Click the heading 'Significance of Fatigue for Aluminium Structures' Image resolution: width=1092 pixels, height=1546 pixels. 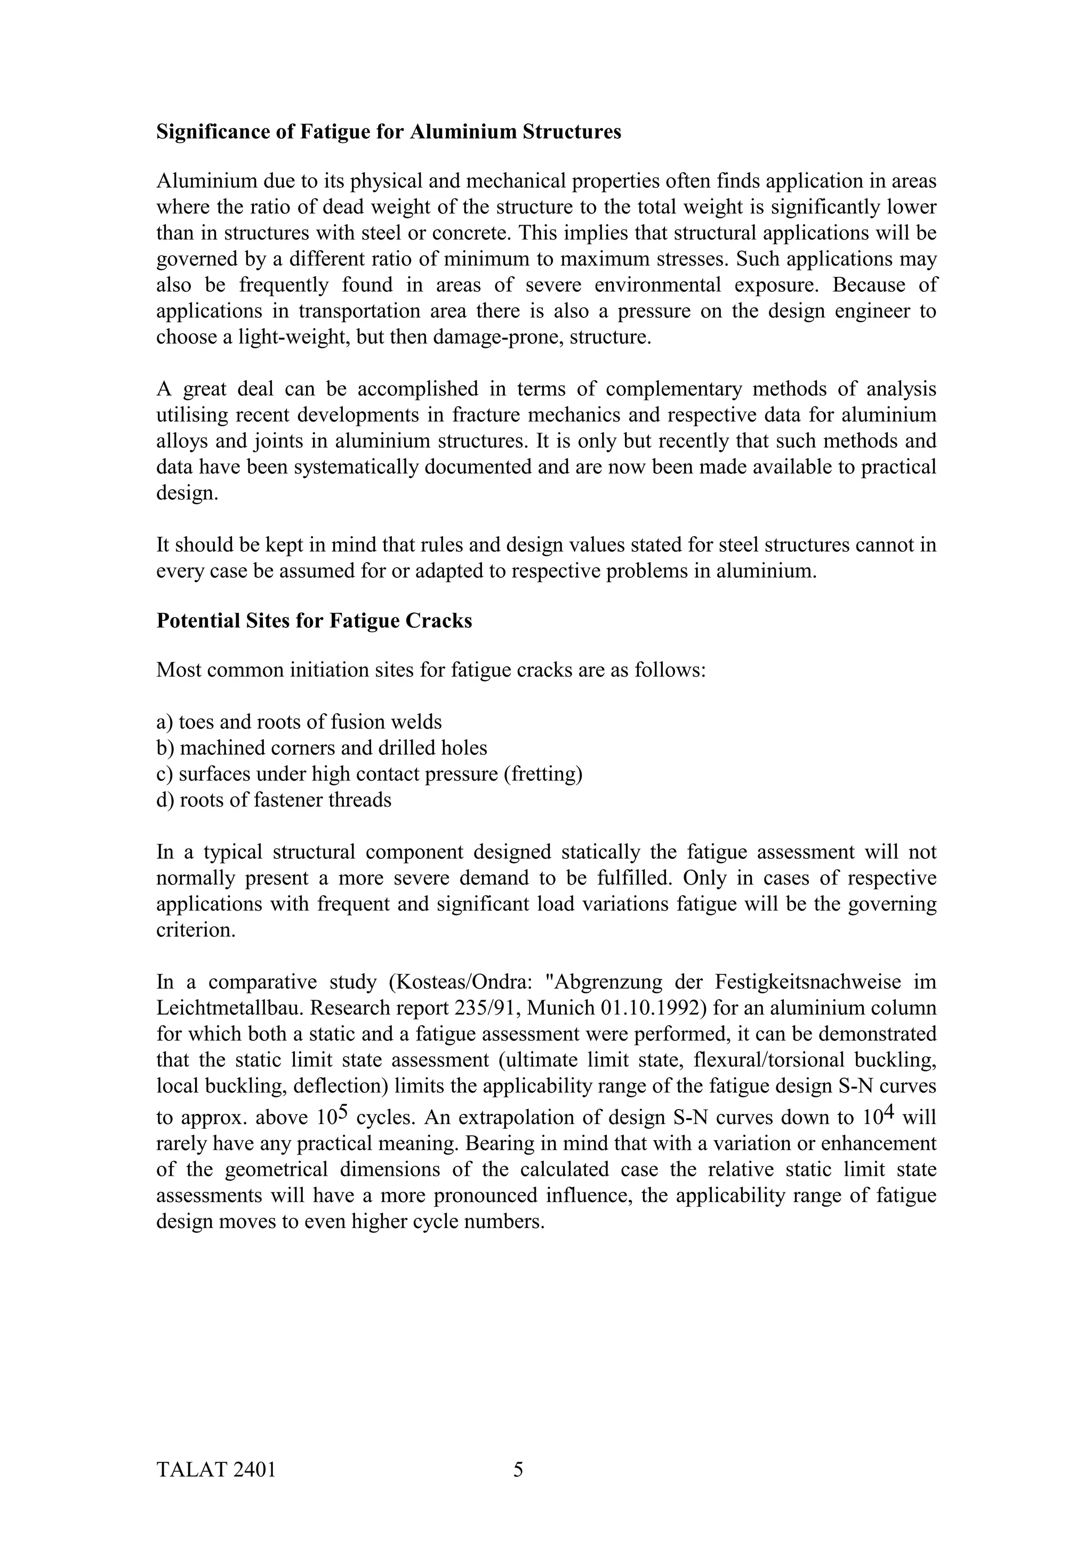coord(388,131)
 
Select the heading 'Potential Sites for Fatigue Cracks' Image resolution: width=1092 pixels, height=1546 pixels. coord(314,620)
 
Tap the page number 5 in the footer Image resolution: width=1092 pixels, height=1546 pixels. coord(518,1469)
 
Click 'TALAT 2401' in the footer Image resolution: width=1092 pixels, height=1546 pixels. coord(216,1469)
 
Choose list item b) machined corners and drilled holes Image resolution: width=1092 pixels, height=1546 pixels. coord(322,747)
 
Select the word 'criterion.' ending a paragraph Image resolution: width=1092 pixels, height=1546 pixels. coord(196,930)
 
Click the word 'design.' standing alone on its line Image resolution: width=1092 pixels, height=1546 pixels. coord(188,493)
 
